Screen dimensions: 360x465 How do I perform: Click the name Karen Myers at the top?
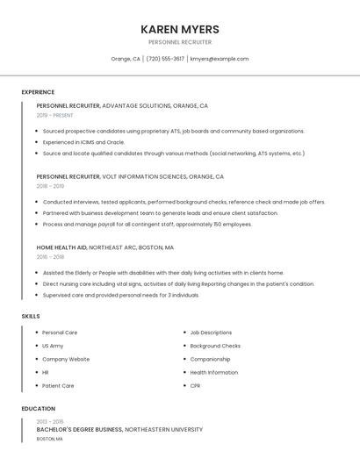click(180, 29)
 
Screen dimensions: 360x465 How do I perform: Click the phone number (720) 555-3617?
click(165, 59)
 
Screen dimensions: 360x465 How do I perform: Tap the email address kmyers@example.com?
click(220, 59)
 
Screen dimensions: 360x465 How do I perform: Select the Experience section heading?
click(38, 92)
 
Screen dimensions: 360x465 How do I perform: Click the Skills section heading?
click(31, 316)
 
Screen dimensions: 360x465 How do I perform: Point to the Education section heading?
click(39, 409)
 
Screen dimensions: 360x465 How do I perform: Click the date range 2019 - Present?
click(55, 115)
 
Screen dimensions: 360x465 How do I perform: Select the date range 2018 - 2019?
click(51, 186)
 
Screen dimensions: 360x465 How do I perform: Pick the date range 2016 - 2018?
click(51, 257)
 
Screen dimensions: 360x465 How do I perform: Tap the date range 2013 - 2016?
click(49, 422)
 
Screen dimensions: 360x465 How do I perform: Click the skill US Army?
click(53, 346)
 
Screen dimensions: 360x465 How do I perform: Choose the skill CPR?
click(195, 385)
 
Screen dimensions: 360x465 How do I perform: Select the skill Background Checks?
click(215, 346)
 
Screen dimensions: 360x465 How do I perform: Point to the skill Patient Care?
click(58, 385)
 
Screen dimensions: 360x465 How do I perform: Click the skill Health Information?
click(213, 372)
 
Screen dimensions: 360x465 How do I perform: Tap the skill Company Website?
click(66, 359)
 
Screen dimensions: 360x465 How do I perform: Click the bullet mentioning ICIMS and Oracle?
click(83, 142)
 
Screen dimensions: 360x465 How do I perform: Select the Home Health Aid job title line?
click(105, 247)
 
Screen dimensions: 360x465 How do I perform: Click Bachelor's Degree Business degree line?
click(119, 430)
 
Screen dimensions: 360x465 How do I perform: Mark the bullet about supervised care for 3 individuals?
click(121, 295)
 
